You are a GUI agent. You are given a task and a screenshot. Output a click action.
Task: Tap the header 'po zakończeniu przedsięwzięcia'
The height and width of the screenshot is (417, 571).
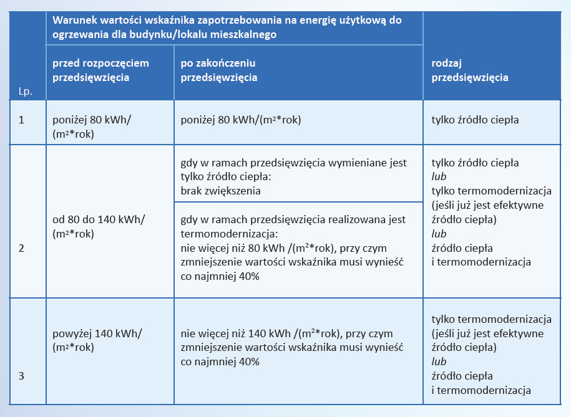point(218,70)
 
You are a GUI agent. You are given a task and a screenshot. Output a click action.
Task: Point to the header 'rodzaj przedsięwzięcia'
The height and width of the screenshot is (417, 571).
point(469,70)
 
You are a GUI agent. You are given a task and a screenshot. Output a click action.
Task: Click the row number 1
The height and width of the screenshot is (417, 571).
point(21,119)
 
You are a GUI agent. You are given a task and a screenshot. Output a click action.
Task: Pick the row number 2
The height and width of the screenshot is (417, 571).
point(21,248)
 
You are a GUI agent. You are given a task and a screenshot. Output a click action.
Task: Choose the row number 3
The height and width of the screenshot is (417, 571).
point(21,376)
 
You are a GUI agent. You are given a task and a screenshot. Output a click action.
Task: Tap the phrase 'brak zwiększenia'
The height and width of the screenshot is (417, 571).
point(220,191)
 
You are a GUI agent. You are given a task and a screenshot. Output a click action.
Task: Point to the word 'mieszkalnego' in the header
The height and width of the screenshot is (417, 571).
point(246,36)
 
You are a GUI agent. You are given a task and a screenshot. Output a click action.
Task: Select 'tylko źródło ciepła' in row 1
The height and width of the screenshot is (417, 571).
point(475,120)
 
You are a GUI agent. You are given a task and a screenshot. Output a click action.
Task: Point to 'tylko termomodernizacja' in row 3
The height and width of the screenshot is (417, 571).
point(491,319)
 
